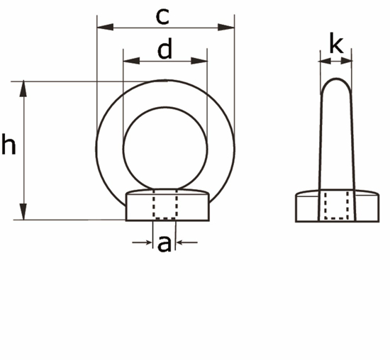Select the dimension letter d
tap(165, 50)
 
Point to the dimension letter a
tap(165, 244)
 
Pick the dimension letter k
tap(336, 45)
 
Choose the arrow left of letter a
tap(146, 243)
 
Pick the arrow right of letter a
tap(182, 243)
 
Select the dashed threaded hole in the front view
tap(165, 205)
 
